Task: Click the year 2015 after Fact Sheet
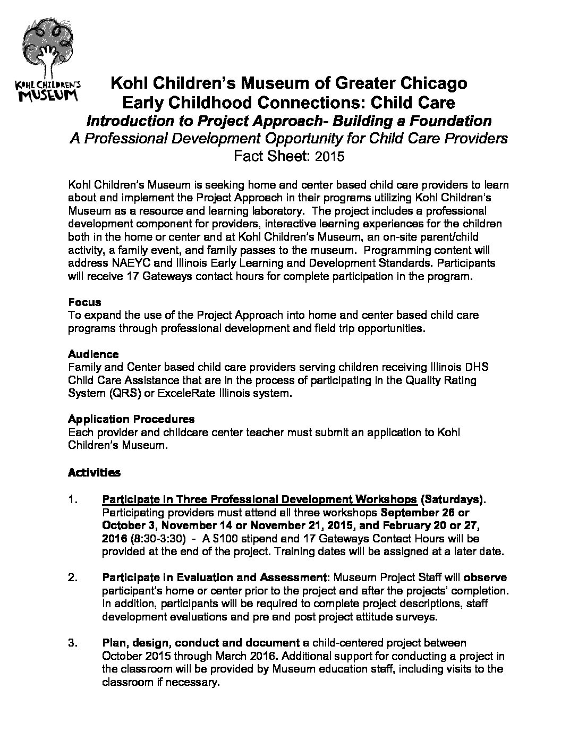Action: pyautogui.click(x=329, y=156)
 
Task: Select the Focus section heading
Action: pyautogui.click(x=84, y=302)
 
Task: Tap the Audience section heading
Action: pyautogui.click(x=93, y=354)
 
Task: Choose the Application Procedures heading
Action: pyautogui.click(x=131, y=419)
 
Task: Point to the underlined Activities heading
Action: pyautogui.click(x=94, y=472)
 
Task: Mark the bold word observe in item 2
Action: pyautogui.click(x=485, y=577)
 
